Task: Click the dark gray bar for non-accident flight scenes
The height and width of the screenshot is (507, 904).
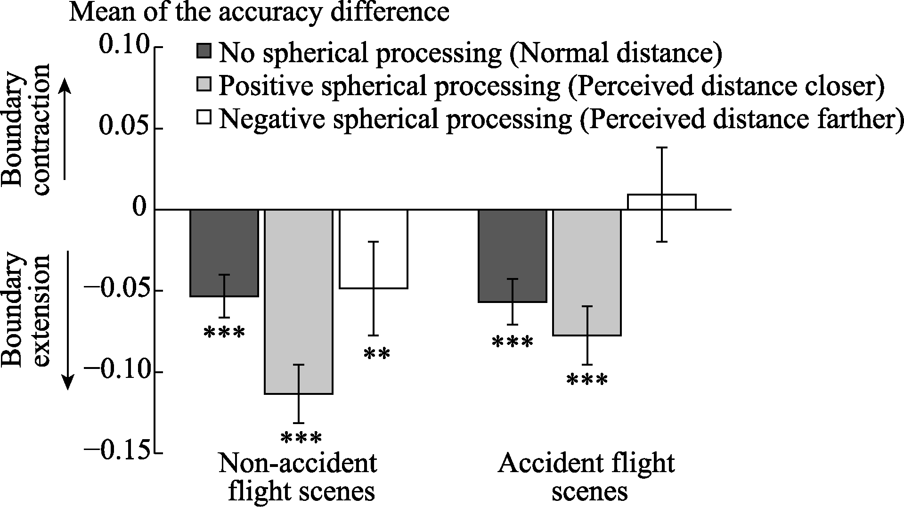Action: [224, 253]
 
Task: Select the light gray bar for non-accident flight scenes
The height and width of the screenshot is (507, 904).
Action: [299, 302]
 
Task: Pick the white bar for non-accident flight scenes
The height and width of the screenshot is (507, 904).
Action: [374, 249]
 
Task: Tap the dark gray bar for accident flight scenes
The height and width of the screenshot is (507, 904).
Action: [513, 255]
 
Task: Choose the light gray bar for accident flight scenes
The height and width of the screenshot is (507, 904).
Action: [587, 272]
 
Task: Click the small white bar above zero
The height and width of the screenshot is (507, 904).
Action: [662, 202]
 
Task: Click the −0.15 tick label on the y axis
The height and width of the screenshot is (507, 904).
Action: [117, 453]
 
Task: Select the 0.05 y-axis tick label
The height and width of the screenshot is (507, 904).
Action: [124, 128]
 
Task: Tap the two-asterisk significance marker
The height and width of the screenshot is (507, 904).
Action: [377, 354]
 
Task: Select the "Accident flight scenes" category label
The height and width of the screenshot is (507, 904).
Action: [587, 477]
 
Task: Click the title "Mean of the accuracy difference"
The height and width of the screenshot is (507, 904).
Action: [259, 13]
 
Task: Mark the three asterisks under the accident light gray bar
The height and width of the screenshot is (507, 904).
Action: [587, 380]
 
